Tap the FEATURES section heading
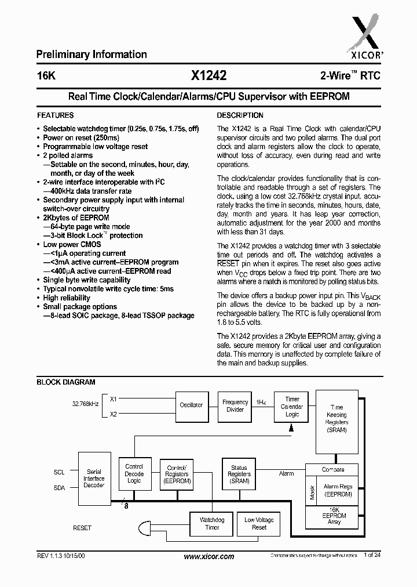[55, 115]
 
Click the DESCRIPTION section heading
[240, 115]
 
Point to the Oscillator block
[192, 405]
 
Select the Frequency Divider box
[235, 405]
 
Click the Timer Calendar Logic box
[292, 407]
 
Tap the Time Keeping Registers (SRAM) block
[336, 419]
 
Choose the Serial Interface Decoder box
[94, 479]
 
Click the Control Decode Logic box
[134, 473]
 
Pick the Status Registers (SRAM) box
[239, 474]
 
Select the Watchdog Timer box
[212, 523]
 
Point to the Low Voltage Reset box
[259, 523]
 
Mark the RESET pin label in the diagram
[82, 528]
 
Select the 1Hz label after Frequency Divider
[261, 402]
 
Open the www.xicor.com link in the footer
[209, 556]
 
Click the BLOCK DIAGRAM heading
[66, 382]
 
